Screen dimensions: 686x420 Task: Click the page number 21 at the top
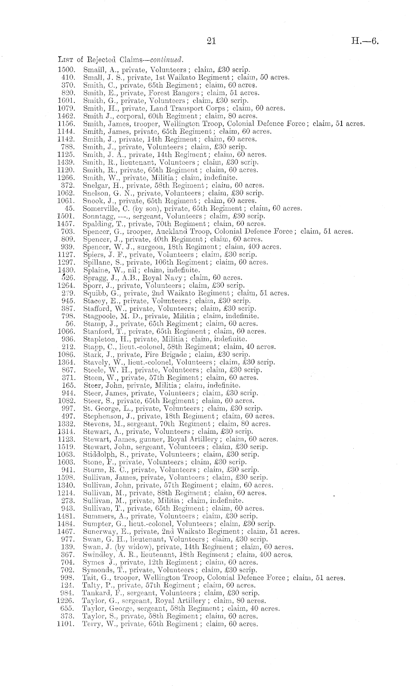click(x=211, y=41)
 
